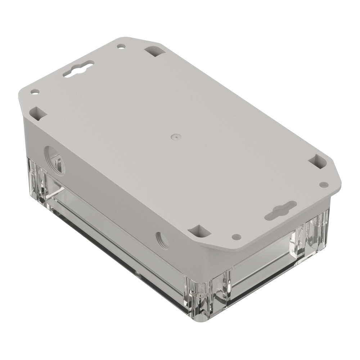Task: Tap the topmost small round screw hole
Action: (122, 46)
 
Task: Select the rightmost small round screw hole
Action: (324, 185)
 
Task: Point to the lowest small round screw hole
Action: (236, 237)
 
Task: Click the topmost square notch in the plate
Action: (155, 51)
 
